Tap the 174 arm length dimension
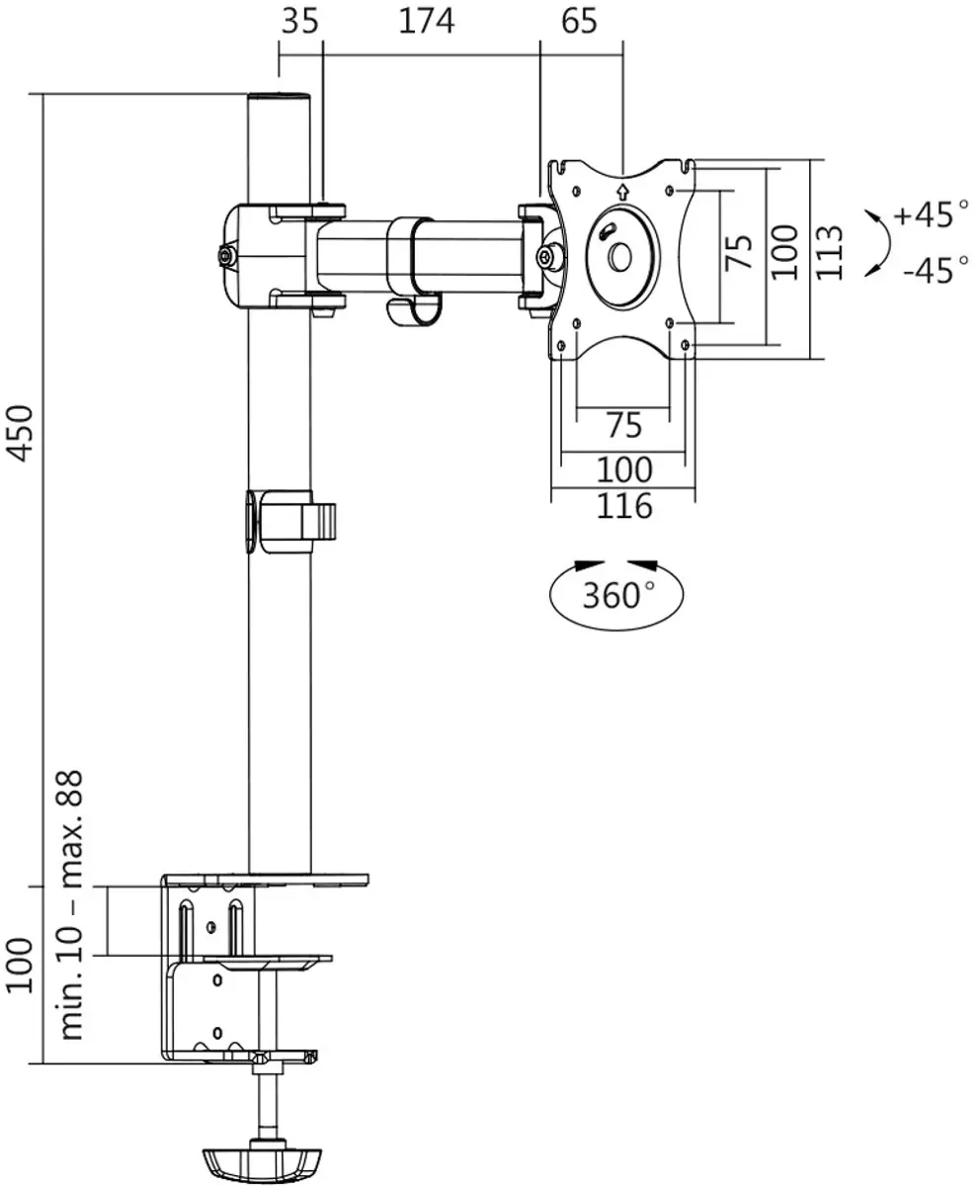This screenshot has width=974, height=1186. click(426, 21)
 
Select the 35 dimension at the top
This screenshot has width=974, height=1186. click(299, 21)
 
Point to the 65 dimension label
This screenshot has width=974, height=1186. click(579, 21)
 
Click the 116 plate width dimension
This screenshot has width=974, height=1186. click(624, 506)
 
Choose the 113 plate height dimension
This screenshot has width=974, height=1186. click(829, 252)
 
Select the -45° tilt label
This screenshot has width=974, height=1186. click(935, 271)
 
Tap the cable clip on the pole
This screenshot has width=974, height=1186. click(290, 521)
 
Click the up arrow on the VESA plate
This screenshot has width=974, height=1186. click(621, 193)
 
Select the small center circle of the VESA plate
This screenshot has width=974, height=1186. click(620, 258)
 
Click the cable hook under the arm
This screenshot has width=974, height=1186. click(414, 313)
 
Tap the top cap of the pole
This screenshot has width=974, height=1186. click(280, 97)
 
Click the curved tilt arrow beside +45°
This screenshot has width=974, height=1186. click(886, 243)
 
